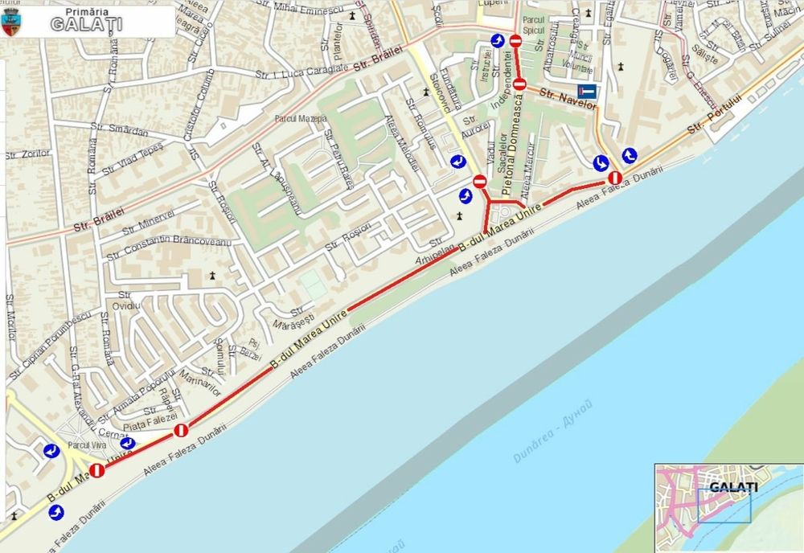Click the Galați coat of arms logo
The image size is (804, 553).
[10, 23]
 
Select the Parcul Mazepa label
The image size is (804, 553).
[301, 119]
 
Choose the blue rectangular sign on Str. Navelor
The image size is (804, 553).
[588, 92]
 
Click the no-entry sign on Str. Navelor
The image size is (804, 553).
[519, 84]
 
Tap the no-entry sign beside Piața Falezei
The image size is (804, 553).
[181, 431]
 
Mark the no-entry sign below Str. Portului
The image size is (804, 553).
[615, 177]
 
